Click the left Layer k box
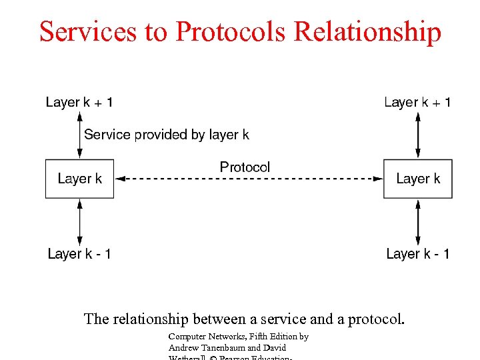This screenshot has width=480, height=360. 79,179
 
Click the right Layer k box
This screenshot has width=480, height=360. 418,179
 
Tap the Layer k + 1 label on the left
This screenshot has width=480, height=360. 79,102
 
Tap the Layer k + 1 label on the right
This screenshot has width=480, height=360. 418,102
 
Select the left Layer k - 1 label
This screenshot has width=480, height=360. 79,254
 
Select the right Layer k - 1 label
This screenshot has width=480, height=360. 418,254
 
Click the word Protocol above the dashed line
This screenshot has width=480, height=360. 245,167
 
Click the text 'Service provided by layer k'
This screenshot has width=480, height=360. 167,135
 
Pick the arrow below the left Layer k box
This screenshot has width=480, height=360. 80,222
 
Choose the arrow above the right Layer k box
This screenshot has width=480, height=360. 418,135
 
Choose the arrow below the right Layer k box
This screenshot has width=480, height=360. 418,222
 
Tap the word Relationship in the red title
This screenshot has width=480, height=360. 367,32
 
